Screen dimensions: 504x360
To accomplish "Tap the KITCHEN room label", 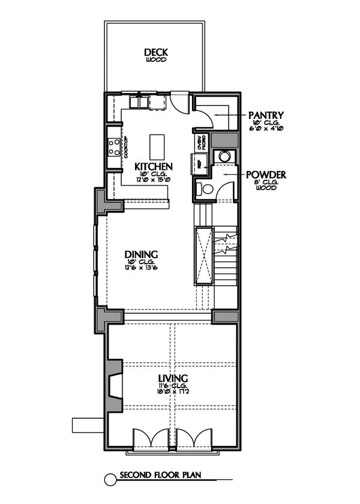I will click(154, 166).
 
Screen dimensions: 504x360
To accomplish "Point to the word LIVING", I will click(173, 378).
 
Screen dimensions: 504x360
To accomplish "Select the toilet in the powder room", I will click(205, 189).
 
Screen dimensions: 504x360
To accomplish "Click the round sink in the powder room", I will click(225, 156).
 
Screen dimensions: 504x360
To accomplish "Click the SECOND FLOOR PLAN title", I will click(159, 476).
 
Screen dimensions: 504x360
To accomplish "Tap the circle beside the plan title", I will click(110, 478).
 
